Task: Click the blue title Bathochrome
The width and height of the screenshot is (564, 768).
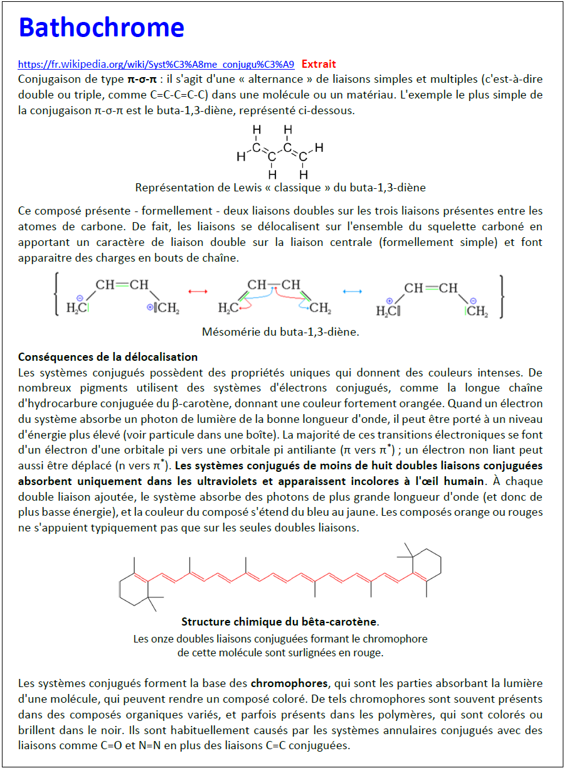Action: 101,28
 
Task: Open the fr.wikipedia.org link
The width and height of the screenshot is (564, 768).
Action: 156,64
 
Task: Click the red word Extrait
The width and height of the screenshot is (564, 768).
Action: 319,64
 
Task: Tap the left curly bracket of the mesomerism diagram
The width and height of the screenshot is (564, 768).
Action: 57,294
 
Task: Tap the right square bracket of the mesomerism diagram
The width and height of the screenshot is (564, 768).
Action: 501,294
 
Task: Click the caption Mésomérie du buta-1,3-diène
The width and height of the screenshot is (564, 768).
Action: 280,332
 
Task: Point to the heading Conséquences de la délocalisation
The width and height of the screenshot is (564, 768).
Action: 108,357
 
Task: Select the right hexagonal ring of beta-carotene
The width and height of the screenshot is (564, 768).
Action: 427,565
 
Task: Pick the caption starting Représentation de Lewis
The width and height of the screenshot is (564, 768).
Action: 280,188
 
